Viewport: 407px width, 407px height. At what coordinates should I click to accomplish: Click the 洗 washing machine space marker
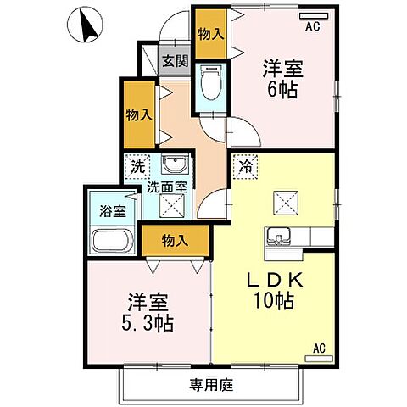[138, 167]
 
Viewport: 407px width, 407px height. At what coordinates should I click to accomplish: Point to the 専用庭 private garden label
[206, 383]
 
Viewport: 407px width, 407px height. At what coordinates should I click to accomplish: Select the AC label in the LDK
[319, 348]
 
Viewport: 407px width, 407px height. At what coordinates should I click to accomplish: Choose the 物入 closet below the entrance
[138, 114]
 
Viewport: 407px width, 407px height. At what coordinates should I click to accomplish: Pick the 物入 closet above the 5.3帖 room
[174, 242]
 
